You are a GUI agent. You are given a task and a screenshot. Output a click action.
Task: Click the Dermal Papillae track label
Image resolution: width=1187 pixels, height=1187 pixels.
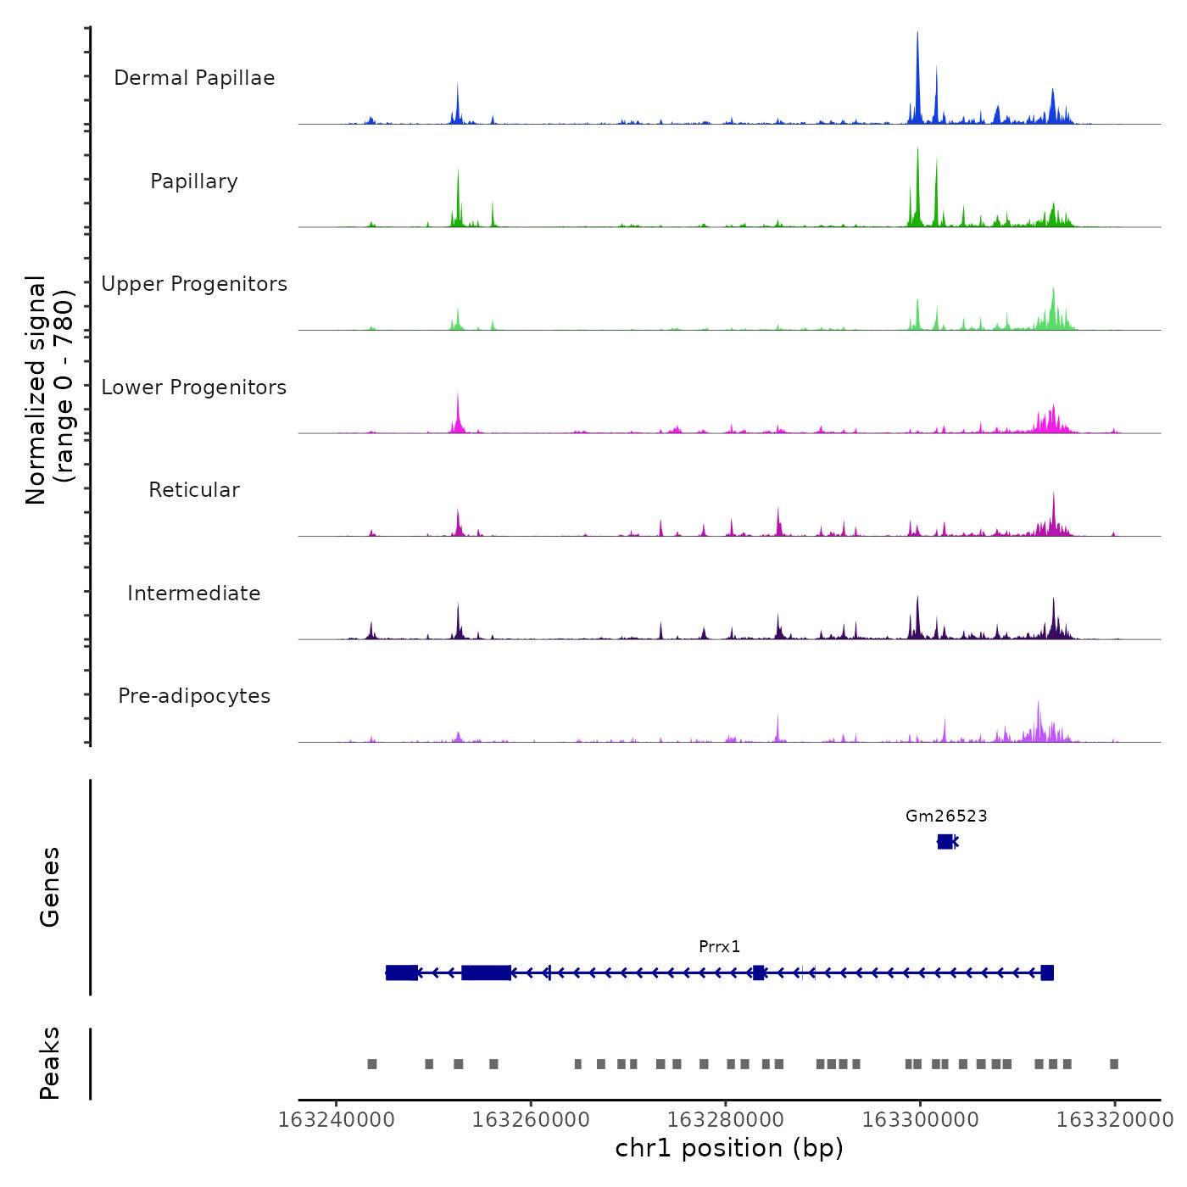coord(194,78)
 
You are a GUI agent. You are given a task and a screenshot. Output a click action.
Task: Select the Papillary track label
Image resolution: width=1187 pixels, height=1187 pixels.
coord(194,181)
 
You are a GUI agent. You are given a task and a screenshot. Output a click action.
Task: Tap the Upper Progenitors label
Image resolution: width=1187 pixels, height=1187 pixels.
coord(194,284)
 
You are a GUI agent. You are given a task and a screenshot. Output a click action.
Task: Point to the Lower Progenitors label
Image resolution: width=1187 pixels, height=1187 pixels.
coord(194,387)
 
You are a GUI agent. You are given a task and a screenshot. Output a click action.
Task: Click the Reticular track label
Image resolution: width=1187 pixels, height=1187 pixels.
coord(194,490)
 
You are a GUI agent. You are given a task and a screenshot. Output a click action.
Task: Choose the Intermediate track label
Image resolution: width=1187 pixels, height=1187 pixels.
coord(194,593)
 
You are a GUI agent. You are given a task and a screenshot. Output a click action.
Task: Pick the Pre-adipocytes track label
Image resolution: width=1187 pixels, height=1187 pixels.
coord(194,696)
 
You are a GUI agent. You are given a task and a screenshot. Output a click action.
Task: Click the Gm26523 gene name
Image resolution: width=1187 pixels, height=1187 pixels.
coord(946,816)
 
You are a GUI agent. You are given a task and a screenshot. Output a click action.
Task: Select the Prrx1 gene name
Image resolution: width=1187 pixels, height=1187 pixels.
coord(720,947)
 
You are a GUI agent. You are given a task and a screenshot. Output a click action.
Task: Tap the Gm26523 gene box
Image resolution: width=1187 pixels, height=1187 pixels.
coord(945,841)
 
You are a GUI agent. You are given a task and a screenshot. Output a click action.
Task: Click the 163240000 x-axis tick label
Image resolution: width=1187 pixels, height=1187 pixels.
coord(337,1120)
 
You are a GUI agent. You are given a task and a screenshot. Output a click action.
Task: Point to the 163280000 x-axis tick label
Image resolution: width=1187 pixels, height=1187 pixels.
coord(726,1120)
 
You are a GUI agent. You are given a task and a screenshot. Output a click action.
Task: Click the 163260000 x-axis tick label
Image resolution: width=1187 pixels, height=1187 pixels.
coord(531,1120)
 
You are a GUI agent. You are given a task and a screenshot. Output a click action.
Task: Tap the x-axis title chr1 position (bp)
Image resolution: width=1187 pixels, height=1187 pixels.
coord(729,1148)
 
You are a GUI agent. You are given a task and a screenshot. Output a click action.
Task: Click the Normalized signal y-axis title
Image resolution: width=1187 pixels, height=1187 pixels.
coord(49,390)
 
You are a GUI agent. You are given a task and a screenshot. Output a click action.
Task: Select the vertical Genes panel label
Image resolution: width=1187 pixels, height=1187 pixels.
coord(50,887)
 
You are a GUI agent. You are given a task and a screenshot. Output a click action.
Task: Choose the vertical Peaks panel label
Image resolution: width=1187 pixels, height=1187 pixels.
coord(50,1063)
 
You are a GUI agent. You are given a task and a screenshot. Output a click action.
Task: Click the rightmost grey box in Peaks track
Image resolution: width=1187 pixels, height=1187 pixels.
coord(1114,1064)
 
